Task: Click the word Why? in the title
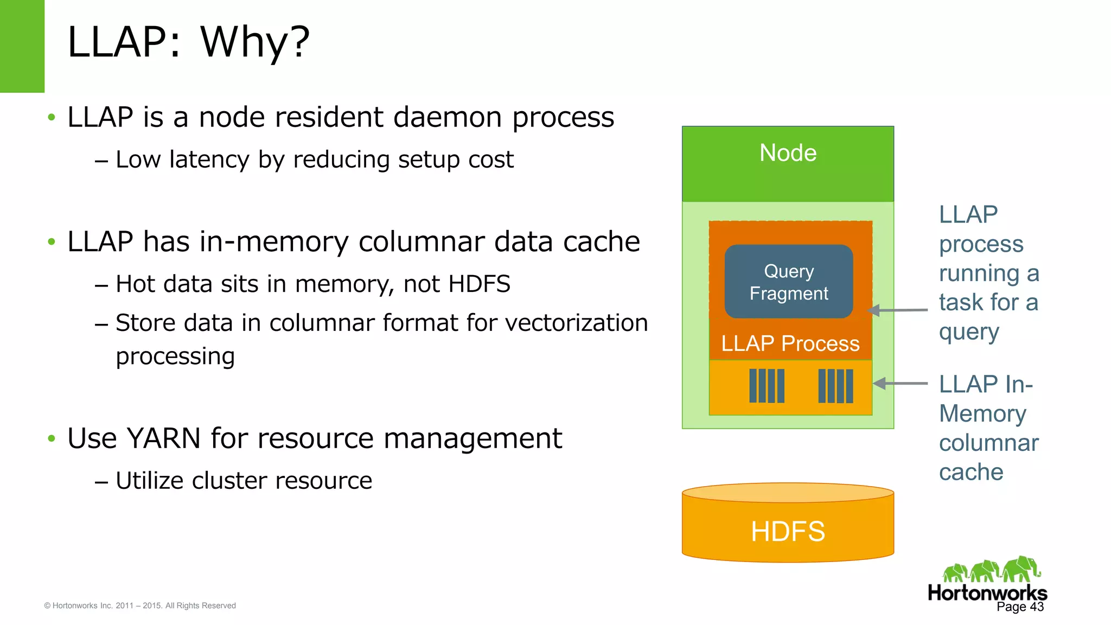click(255, 42)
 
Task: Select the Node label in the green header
click(788, 153)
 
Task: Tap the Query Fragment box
click(789, 282)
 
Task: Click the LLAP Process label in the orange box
click(790, 343)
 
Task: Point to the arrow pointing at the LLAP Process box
click(898, 310)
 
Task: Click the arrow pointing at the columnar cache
click(901, 384)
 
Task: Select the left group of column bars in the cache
click(767, 386)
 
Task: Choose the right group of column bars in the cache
click(835, 386)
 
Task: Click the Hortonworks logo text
click(987, 592)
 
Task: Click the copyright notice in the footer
click(140, 605)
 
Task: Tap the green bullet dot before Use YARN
click(52, 438)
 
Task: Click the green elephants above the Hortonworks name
click(991, 570)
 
